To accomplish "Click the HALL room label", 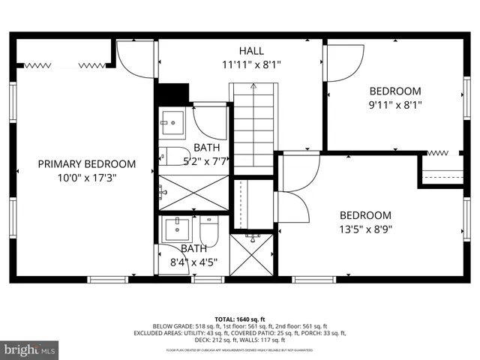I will pos(251,50).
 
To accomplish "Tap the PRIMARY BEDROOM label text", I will pos(87,164).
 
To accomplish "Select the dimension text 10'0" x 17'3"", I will pos(87,178).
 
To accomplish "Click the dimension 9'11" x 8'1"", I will pos(395,105).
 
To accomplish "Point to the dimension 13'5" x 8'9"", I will pos(365,229).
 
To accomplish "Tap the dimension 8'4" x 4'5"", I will pos(193,262).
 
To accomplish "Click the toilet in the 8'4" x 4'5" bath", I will pos(209,231).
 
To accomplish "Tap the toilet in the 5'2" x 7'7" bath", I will pos(174,157).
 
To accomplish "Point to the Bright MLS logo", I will pos(30,349).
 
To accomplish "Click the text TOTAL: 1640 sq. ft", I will pos(239,319).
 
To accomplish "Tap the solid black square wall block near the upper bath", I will pos(172,93).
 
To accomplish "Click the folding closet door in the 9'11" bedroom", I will pos(442,153).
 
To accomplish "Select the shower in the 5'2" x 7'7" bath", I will pos(193,192).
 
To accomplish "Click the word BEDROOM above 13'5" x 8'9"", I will pos(365,214).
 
